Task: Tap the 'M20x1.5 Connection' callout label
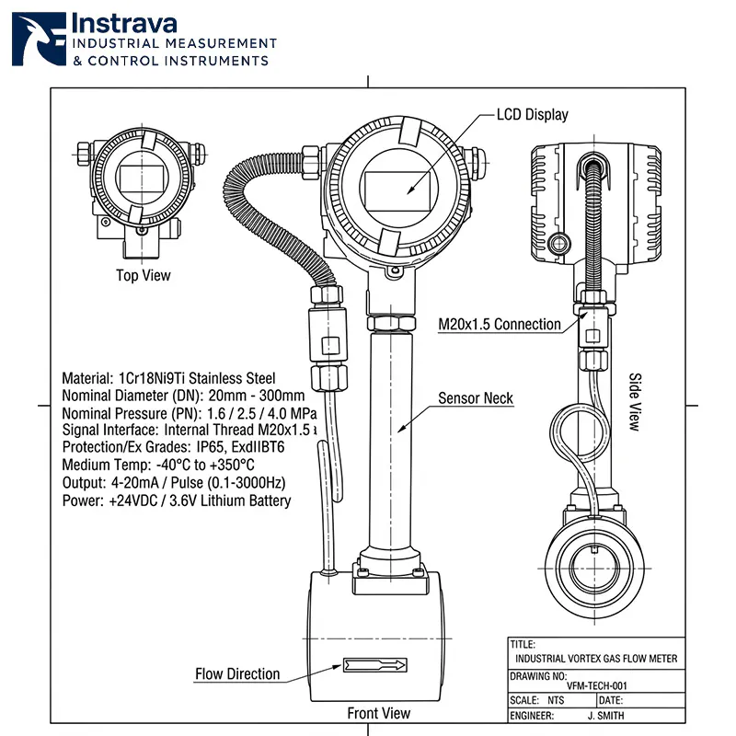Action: tap(499, 324)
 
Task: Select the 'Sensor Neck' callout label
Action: tap(475, 398)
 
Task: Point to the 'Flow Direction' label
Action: tap(237, 673)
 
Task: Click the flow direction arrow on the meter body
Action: tap(374, 663)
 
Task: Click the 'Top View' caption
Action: tap(143, 275)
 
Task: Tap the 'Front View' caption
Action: tap(378, 713)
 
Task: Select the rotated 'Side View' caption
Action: tap(634, 402)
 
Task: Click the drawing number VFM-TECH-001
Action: tap(597, 686)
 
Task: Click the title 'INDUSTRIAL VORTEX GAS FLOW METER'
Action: tap(596, 659)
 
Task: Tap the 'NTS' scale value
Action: tap(556, 700)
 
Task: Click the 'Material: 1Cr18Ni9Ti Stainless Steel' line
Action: tap(168, 378)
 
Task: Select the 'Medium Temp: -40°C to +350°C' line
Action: tap(157, 466)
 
